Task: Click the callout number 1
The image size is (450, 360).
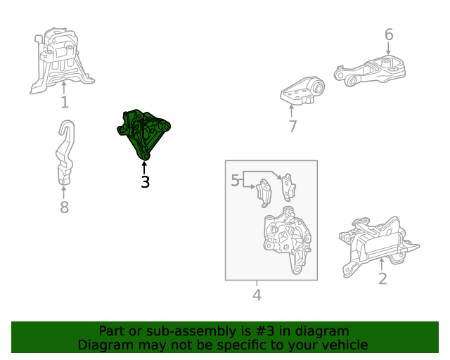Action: tap(65, 102)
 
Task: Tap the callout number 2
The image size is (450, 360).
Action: tap(382, 278)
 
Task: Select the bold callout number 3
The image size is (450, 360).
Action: tap(146, 181)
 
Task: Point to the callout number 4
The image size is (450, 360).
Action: tap(257, 295)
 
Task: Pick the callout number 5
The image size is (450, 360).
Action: tap(235, 180)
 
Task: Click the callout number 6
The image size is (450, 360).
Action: tap(389, 34)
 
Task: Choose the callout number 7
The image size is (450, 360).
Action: tap(292, 127)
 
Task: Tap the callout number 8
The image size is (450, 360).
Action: tap(64, 207)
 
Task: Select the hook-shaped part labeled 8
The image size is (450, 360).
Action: tap(65, 152)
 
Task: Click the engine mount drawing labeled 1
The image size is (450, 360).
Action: tap(62, 60)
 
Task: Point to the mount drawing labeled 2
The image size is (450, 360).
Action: tap(378, 246)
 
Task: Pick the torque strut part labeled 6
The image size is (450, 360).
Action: tap(371, 71)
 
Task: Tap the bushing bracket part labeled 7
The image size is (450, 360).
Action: tap(302, 91)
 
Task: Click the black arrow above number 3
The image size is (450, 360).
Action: tap(144, 167)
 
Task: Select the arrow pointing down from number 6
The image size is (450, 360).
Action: tap(388, 48)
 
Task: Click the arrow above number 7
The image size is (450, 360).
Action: tap(292, 111)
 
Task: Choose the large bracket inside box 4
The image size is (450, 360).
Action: tap(287, 240)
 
